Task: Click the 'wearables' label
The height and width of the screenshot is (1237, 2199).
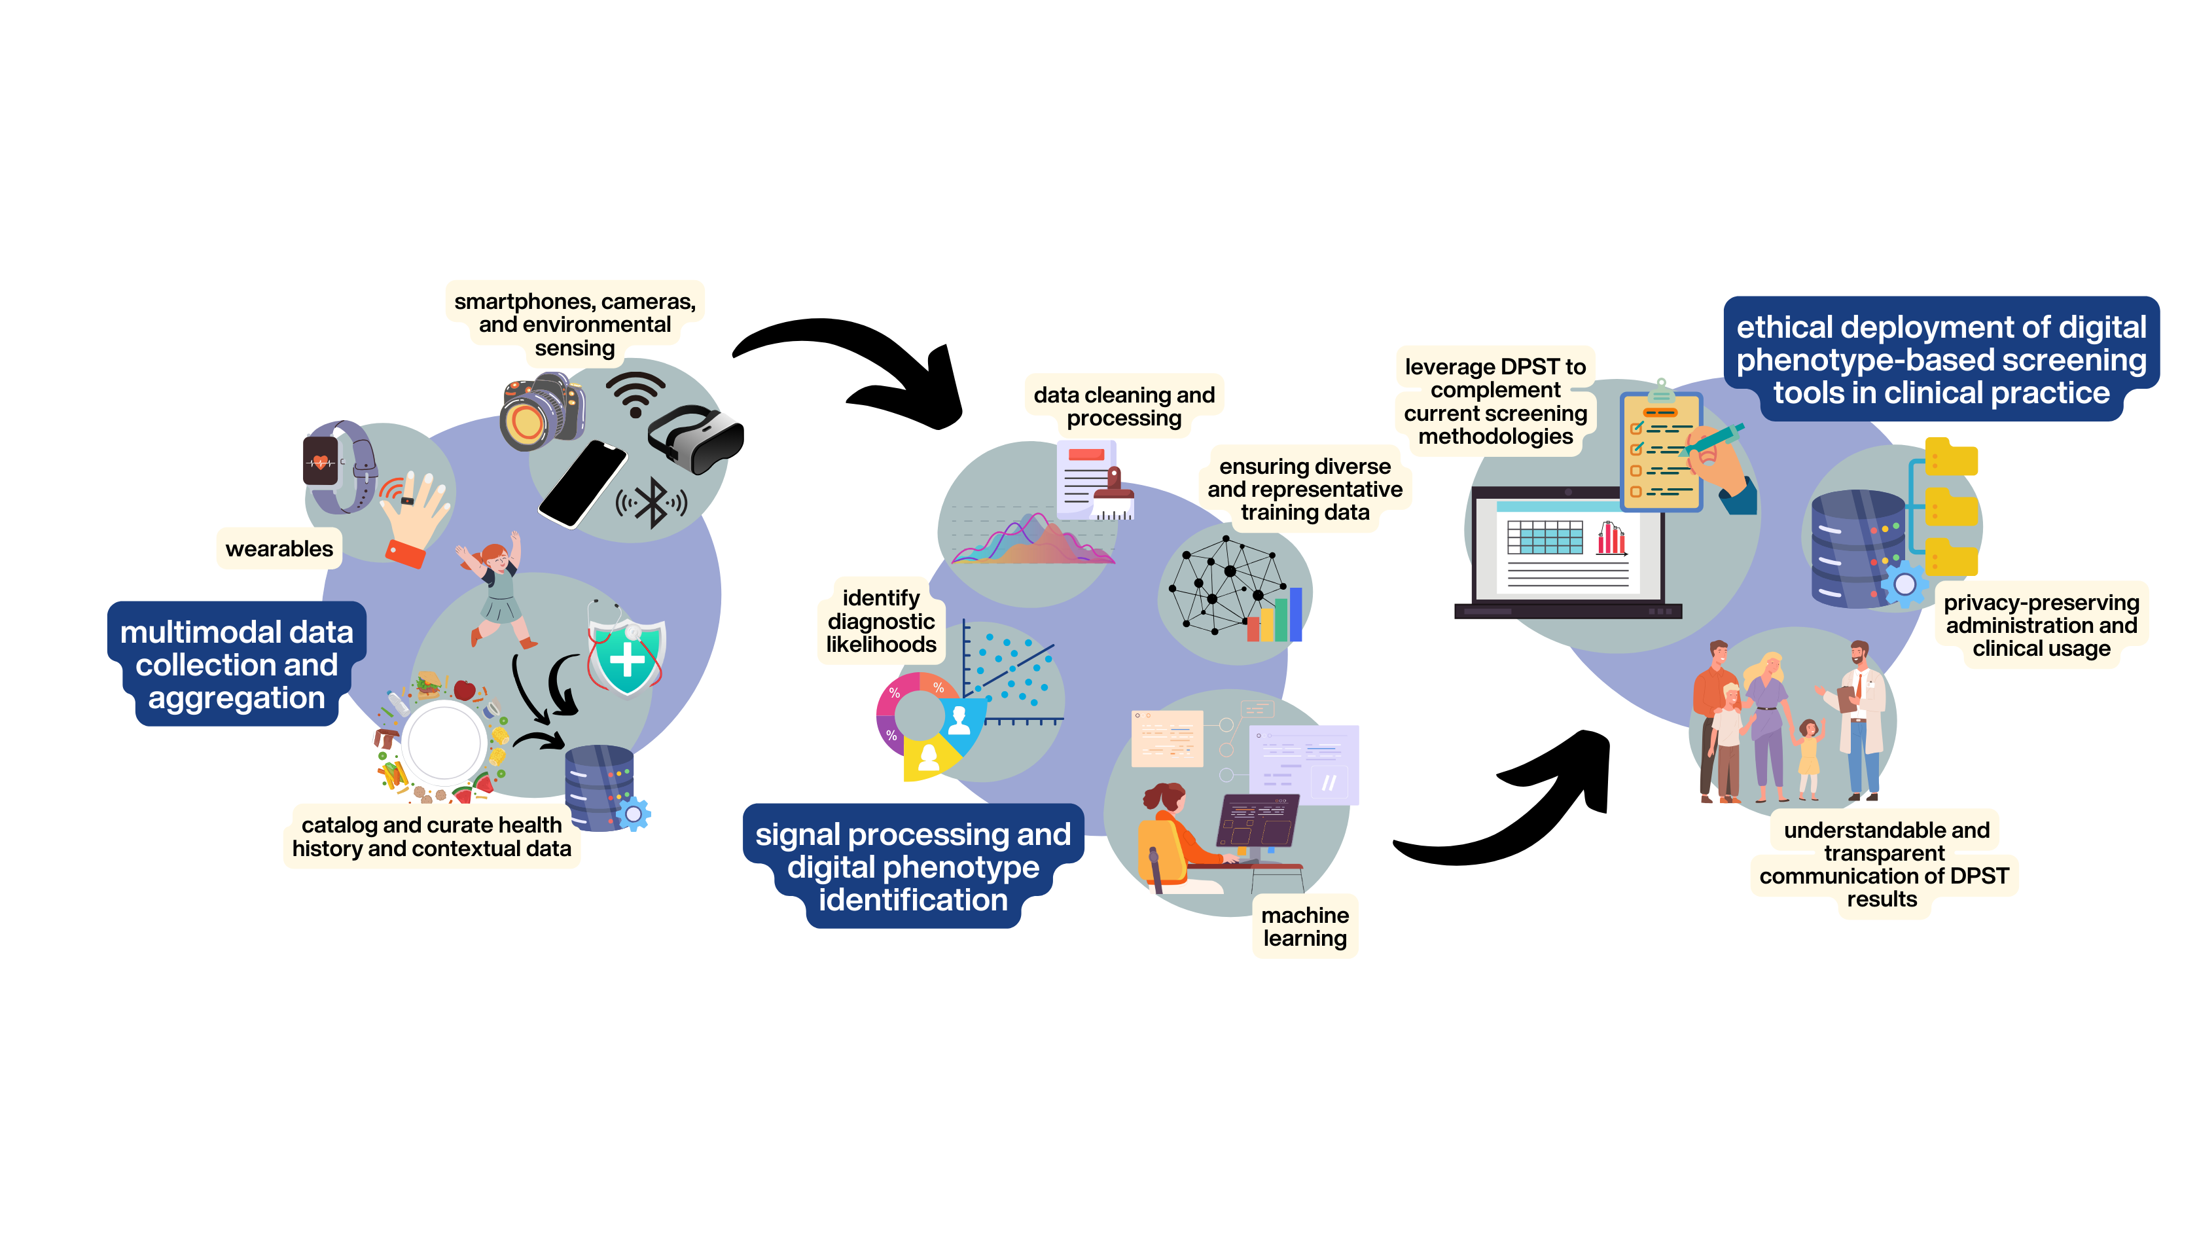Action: [279, 549]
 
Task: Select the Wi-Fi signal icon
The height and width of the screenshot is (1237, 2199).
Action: [635, 393]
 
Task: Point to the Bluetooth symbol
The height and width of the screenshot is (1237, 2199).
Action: [653, 503]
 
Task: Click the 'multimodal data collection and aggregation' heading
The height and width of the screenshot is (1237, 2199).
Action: [236, 664]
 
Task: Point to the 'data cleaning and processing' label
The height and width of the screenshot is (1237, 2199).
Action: [1124, 406]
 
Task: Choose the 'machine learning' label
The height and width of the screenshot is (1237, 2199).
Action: [1304, 926]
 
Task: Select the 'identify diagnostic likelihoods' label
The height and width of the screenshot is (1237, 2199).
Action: [881, 622]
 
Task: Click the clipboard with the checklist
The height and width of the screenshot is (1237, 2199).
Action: [1660, 452]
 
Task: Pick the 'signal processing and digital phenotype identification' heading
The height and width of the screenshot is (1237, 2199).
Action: [912, 867]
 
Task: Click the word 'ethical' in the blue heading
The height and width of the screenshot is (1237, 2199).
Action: [1784, 328]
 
